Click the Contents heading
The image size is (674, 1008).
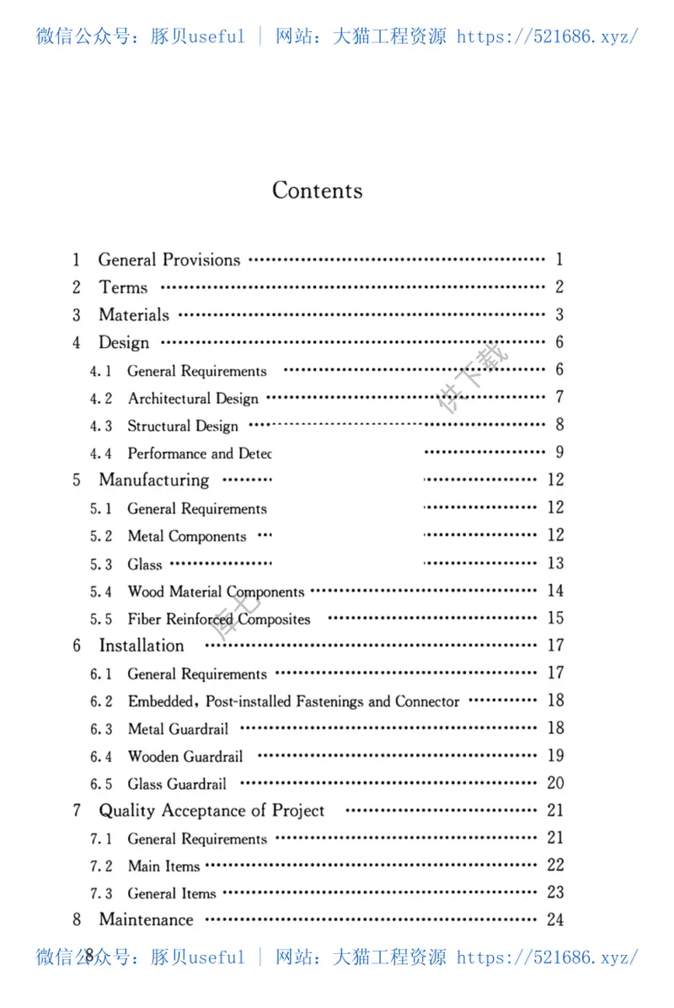pyautogui.click(x=317, y=190)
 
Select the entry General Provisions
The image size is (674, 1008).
pyautogui.click(x=168, y=260)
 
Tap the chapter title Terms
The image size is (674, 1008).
pyautogui.click(x=123, y=287)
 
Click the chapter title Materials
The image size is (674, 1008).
pyautogui.click(x=133, y=315)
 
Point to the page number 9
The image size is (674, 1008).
pyautogui.click(x=559, y=453)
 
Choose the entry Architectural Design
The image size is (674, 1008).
pyautogui.click(x=193, y=399)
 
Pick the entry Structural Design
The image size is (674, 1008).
pyautogui.click(x=183, y=426)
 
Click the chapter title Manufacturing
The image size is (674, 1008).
pyautogui.click(x=153, y=480)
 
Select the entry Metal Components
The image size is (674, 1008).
pyautogui.click(x=186, y=537)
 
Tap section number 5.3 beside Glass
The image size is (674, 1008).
pyautogui.click(x=101, y=565)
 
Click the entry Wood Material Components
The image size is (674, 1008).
pyautogui.click(x=216, y=592)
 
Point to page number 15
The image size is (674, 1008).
pyautogui.click(x=555, y=618)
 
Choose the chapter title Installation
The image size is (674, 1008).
pyautogui.click(x=141, y=646)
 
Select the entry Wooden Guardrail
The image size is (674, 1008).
pyautogui.click(x=185, y=756)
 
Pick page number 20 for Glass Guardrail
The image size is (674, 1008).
pyautogui.click(x=555, y=783)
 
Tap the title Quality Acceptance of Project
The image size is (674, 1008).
pyautogui.click(x=211, y=811)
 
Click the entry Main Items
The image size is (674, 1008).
pyautogui.click(x=163, y=866)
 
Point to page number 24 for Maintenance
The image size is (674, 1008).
pyautogui.click(x=555, y=920)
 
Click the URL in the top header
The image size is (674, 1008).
pyautogui.click(x=547, y=36)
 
